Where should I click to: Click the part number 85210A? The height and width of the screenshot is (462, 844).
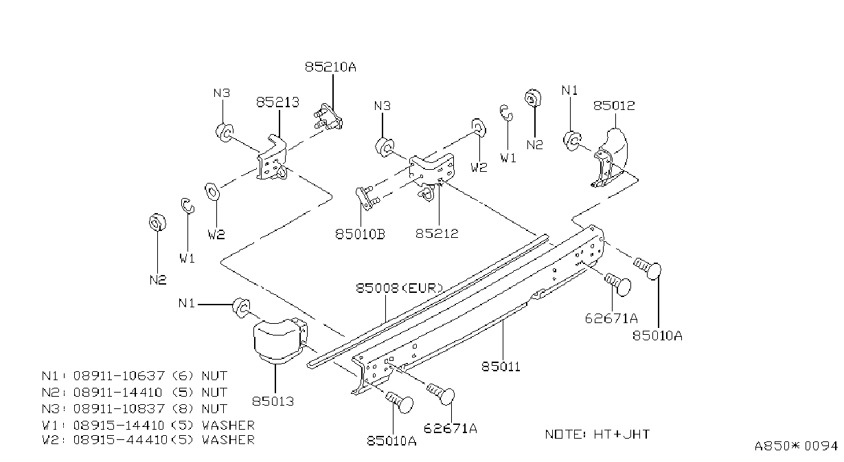pos(330,67)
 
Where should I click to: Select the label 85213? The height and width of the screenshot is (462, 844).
pos(277,102)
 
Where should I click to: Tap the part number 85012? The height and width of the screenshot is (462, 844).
pos(614,106)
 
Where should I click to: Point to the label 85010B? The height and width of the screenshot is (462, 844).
pos(361,234)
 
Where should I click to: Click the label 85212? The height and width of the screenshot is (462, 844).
pos(437,234)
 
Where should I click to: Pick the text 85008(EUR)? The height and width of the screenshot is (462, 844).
pos(400,289)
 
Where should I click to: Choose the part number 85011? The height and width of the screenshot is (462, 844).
pos(501,366)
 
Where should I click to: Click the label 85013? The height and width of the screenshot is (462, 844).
pos(273,401)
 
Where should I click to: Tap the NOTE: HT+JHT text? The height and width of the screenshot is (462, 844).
pos(597,434)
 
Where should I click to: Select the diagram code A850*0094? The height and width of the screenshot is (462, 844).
pos(796,446)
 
